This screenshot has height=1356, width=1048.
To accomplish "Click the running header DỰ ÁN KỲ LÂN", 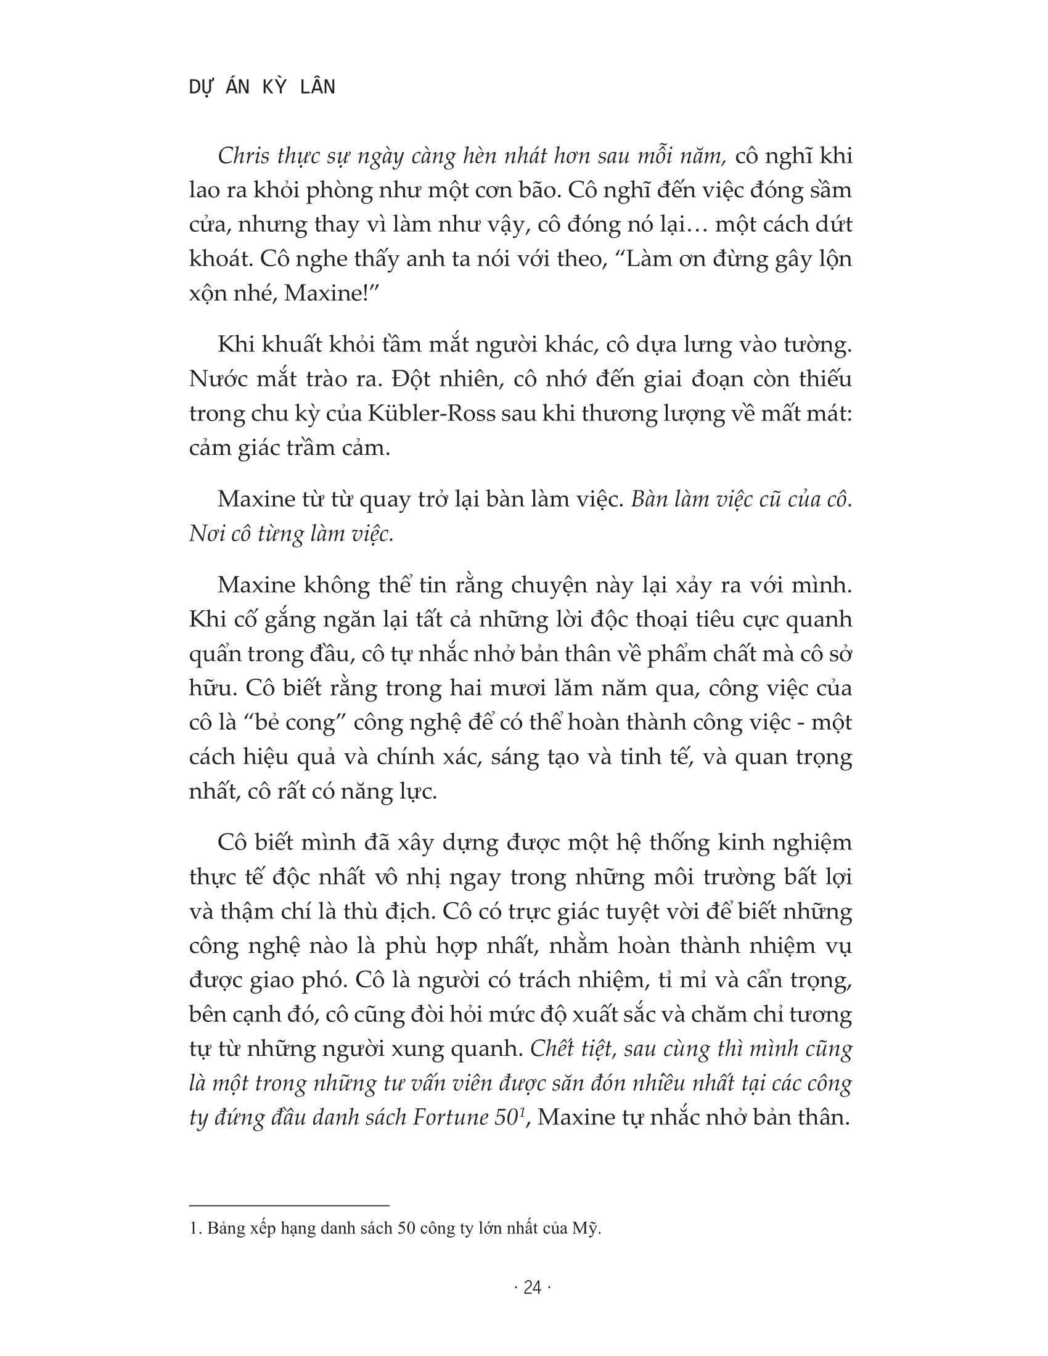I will [x=261, y=87].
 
